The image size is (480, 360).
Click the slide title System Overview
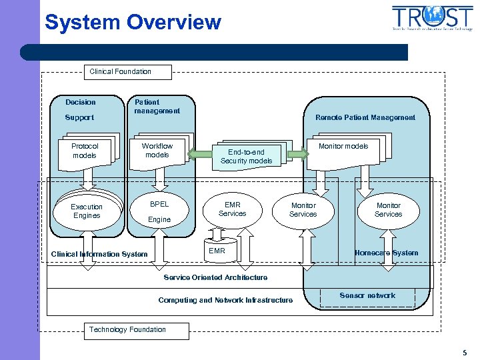(133, 22)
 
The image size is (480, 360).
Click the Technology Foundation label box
(127, 329)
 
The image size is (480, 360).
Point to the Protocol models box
(85, 151)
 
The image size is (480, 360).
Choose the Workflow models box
(157, 151)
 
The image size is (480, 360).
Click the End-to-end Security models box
(246, 156)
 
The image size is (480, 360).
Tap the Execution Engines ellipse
(87, 211)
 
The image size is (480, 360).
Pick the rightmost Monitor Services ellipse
(388, 210)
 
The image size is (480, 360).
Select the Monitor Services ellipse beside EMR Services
(303, 210)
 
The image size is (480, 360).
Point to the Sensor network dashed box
(367, 297)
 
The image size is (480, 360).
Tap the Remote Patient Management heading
(365, 117)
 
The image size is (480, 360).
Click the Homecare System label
(386, 253)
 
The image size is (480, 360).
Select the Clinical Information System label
(99, 254)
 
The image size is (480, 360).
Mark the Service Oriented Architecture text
(215, 277)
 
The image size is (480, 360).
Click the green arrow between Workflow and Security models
(198, 155)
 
